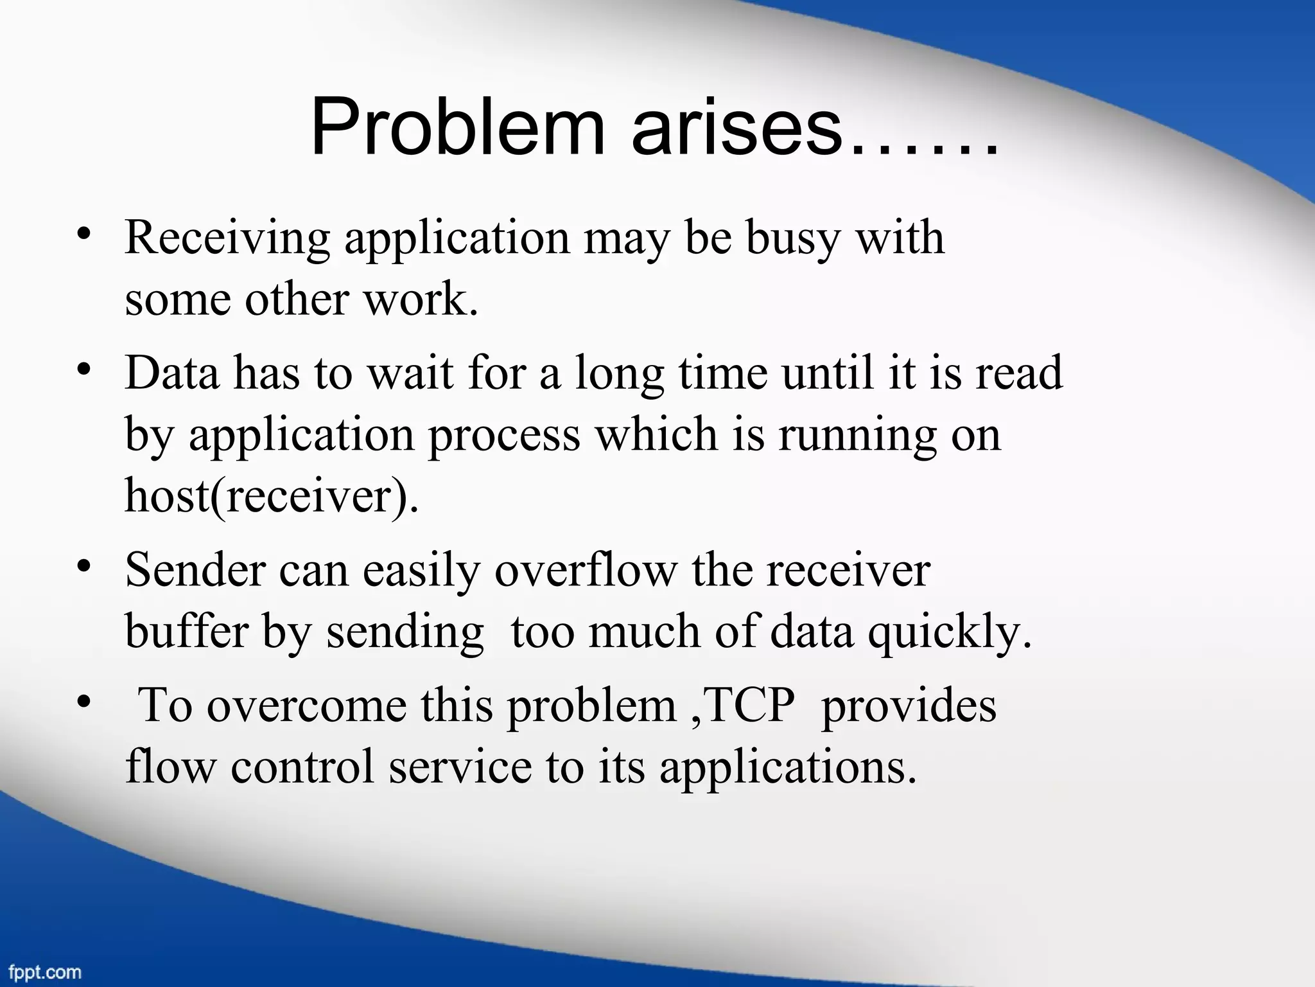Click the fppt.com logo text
point(45,972)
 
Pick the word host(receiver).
point(271,496)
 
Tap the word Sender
point(195,570)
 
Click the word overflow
point(586,570)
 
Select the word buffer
point(186,632)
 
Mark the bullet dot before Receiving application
point(82,235)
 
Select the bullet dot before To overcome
point(82,702)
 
